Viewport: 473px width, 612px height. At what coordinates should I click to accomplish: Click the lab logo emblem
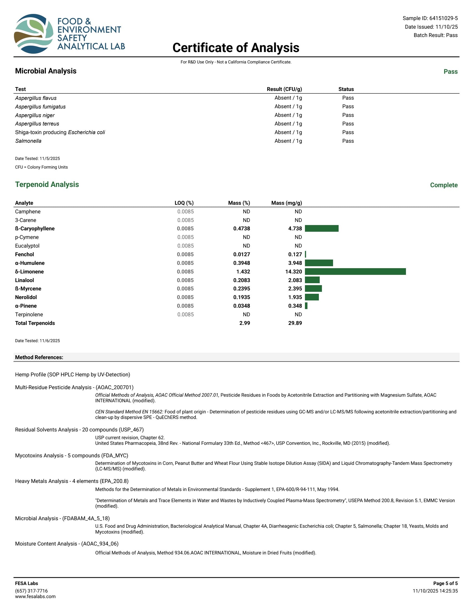[34, 34]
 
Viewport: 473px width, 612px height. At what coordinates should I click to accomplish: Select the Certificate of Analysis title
[236, 48]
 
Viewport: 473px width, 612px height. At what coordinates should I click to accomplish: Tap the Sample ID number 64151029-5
[443, 18]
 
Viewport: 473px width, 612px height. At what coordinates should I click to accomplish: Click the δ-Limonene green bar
[355, 272]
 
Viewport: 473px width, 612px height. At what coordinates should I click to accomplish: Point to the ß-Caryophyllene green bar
[321, 228]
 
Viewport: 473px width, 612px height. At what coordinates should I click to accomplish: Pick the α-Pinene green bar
[306, 306]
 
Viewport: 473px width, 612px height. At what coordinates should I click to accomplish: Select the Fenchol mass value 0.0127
[242, 255]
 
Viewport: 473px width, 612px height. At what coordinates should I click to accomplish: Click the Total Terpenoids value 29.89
[295, 323]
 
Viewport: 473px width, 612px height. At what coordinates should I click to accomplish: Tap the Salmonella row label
[28, 141]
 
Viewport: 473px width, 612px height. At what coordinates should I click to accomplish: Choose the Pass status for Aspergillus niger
[348, 115]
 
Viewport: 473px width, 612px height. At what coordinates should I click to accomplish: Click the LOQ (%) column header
[184, 203]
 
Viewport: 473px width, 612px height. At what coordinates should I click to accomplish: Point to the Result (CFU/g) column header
[284, 89]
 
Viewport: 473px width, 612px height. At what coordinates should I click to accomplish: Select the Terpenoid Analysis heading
[47, 184]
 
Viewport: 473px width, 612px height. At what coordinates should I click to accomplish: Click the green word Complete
[444, 185]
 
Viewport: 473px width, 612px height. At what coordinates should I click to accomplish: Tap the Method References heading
[39, 357]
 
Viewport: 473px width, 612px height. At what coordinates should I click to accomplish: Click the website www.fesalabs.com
[35, 596]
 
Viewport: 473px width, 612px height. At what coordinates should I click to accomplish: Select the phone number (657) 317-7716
[31, 591]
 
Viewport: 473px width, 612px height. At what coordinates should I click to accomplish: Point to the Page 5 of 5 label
[445, 583]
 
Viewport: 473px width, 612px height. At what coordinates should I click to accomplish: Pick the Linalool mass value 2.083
[295, 280]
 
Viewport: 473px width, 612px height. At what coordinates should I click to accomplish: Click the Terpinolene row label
[29, 314]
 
